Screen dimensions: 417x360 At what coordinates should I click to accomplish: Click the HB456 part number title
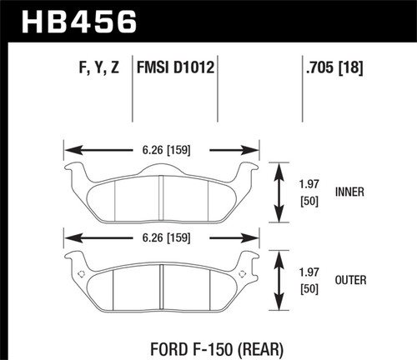(79, 22)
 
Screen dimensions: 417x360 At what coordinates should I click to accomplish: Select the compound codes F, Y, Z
(99, 67)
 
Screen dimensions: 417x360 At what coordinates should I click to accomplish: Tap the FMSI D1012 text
(175, 67)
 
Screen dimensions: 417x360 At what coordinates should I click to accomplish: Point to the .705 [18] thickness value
(334, 67)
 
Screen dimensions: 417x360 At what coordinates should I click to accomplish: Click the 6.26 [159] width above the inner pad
(166, 150)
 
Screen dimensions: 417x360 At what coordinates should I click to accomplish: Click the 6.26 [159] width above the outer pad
(166, 238)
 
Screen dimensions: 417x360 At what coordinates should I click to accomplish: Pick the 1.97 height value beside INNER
(309, 184)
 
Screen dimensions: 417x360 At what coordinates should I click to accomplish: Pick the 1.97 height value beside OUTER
(309, 272)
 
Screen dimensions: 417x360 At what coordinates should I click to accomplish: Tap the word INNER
(349, 192)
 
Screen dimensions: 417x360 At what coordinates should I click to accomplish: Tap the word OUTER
(350, 280)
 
